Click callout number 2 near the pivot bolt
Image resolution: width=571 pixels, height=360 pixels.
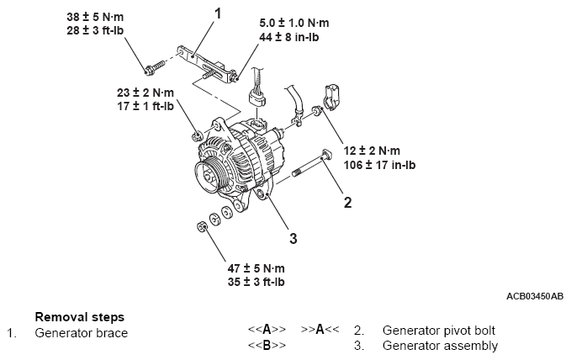point(346,201)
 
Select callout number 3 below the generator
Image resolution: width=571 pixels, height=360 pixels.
point(293,238)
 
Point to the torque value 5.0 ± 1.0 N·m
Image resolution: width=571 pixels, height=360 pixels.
point(293,24)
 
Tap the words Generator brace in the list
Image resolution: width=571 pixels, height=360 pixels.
point(81,333)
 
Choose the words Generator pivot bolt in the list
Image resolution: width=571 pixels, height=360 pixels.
point(439,331)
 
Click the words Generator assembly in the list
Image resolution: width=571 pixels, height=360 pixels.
point(440,346)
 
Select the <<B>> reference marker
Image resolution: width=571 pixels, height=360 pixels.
point(267,346)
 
